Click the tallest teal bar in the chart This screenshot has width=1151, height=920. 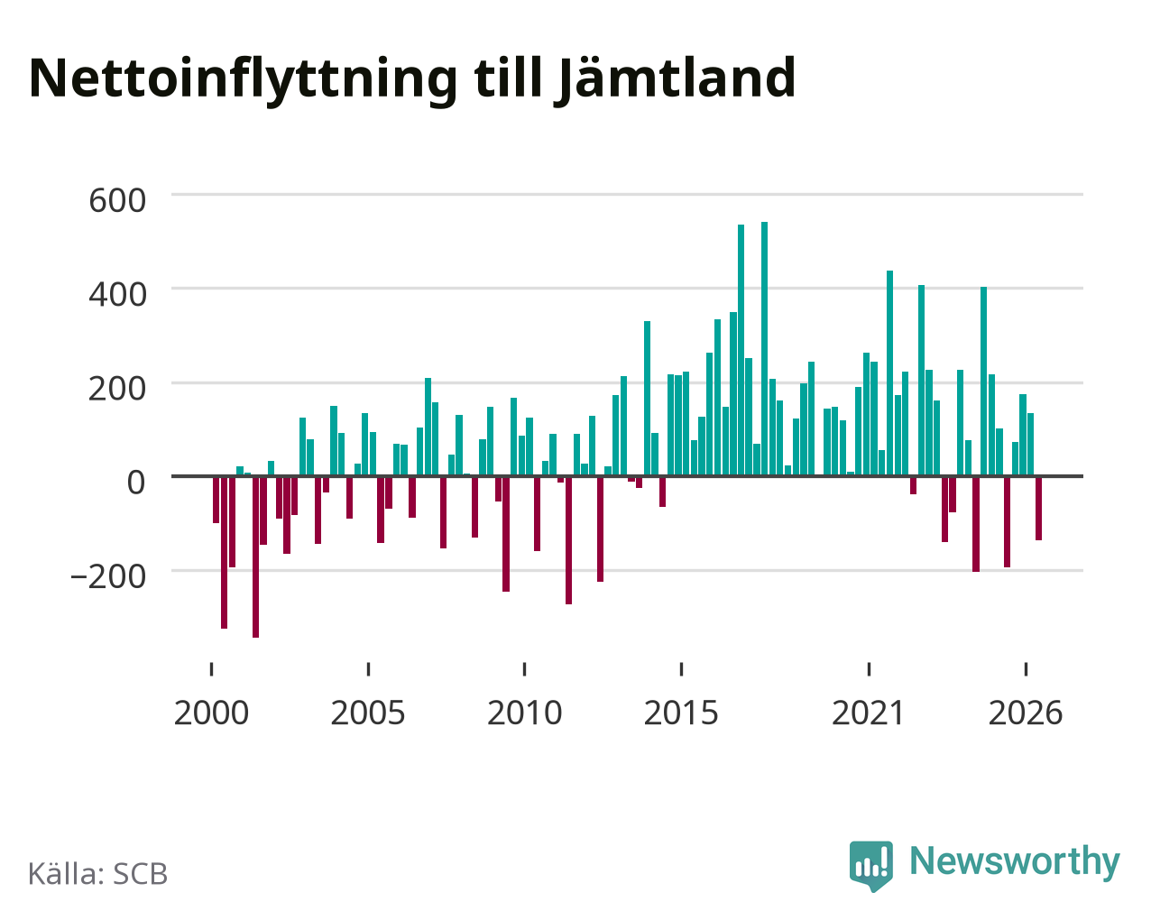pos(764,349)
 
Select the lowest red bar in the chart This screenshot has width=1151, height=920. pos(255,557)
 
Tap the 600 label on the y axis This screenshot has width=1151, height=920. pos(117,201)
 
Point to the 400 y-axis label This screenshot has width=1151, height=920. pos(117,295)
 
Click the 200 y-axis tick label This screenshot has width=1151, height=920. pos(117,389)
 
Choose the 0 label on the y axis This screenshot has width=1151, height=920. pos(136,483)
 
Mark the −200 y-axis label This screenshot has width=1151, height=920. pos(107,576)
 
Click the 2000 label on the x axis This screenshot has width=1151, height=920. pos(211,713)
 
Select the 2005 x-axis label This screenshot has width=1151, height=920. pos(368,713)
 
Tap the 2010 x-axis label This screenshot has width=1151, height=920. pos(524,713)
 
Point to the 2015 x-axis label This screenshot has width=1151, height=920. pos(681,713)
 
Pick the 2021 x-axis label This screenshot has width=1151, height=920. pos(869,713)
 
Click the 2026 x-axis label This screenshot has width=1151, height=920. pos(1026,713)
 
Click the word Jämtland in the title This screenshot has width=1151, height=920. pos(675,79)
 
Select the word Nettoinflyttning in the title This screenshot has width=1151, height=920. pos(244,80)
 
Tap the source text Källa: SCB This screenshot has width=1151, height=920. pos(98,873)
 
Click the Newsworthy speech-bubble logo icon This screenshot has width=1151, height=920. pos(871,866)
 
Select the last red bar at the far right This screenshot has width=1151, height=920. pos(1038,508)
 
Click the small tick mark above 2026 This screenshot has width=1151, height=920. pos(1026,669)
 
